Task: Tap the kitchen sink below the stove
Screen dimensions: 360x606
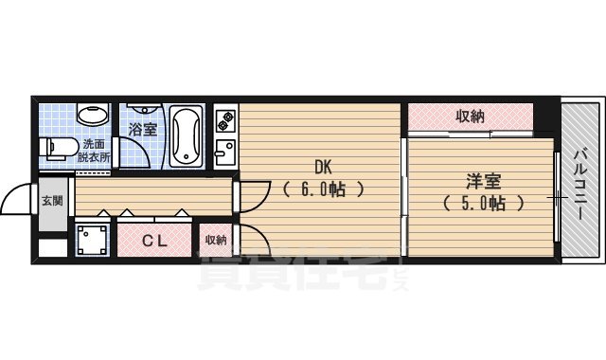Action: pos(225,152)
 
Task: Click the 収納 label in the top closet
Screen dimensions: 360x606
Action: pos(471,117)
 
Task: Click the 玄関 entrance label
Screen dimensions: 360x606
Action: pos(51,201)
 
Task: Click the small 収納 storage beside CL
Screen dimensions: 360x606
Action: pos(216,240)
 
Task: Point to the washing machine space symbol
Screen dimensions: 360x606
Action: pos(92,241)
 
